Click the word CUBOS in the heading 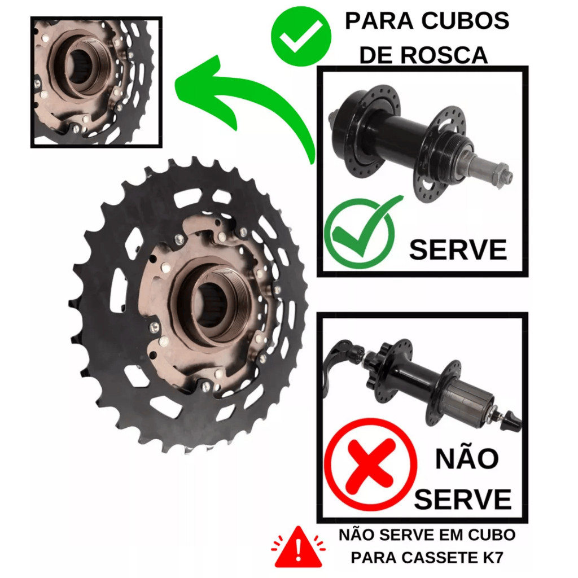pyautogui.click(x=465, y=21)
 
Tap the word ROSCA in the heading pyautogui.click(x=444, y=55)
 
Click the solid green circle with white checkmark pyautogui.click(x=301, y=36)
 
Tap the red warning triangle pyautogui.click(x=298, y=548)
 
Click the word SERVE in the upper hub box pyautogui.click(x=458, y=250)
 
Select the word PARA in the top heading pyautogui.click(x=379, y=21)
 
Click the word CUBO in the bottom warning pyautogui.click(x=492, y=535)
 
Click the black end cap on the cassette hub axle pyautogui.click(x=513, y=419)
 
